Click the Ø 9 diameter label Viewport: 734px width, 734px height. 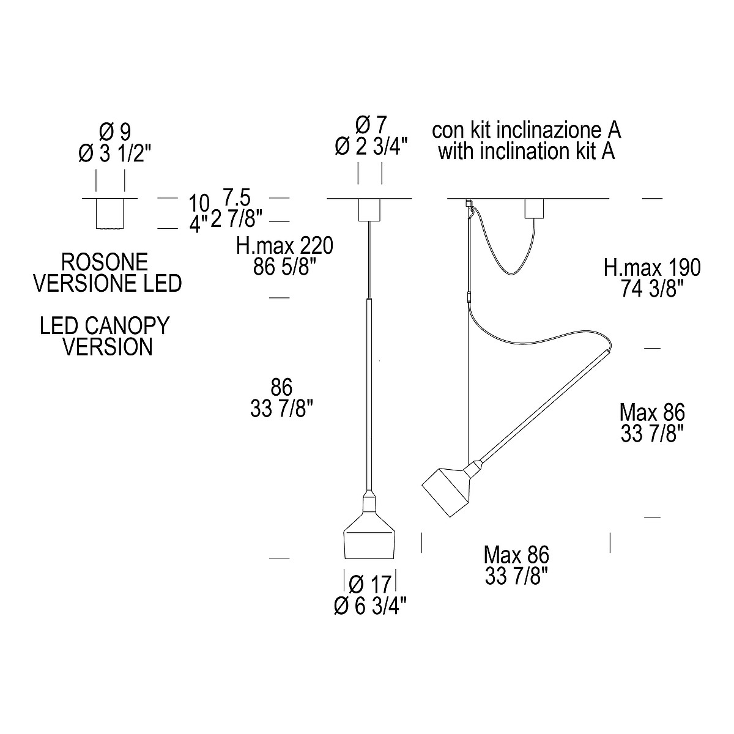click(114, 131)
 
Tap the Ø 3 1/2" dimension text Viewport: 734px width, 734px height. click(114, 154)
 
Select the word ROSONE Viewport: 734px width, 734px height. click(105, 262)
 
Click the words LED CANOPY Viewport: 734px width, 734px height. click(104, 325)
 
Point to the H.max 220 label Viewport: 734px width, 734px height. click(285, 247)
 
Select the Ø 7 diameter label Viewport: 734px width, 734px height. click(371, 125)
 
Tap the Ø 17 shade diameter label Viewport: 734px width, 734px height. click(371, 585)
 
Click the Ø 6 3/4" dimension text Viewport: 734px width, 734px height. click(371, 606)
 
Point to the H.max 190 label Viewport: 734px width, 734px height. click(651, 267)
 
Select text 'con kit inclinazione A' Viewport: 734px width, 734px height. click(527, 130)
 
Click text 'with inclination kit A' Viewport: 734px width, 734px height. click(527, 151)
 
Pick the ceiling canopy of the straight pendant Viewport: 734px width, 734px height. click(369, 210)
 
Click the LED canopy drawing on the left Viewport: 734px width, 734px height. click(111, 213)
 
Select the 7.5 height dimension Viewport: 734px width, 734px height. click(237, 198)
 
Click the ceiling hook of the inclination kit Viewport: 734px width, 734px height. click(470, 208)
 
